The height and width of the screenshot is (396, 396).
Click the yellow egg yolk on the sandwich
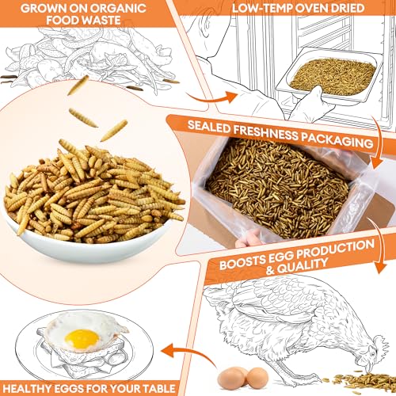click(x=82, y=339)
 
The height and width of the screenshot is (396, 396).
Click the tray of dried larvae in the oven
click(x=330, y=77)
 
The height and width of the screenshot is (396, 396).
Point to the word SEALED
click(x=209, y=126)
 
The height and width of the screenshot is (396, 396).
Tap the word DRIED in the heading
click(x=348, y=8)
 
